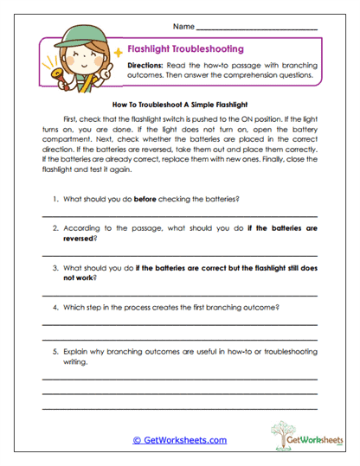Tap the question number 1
(55, 199)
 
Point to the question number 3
(55, 268)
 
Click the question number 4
(55, 307)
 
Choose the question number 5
(55, 353)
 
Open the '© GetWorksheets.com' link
(179, 439)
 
